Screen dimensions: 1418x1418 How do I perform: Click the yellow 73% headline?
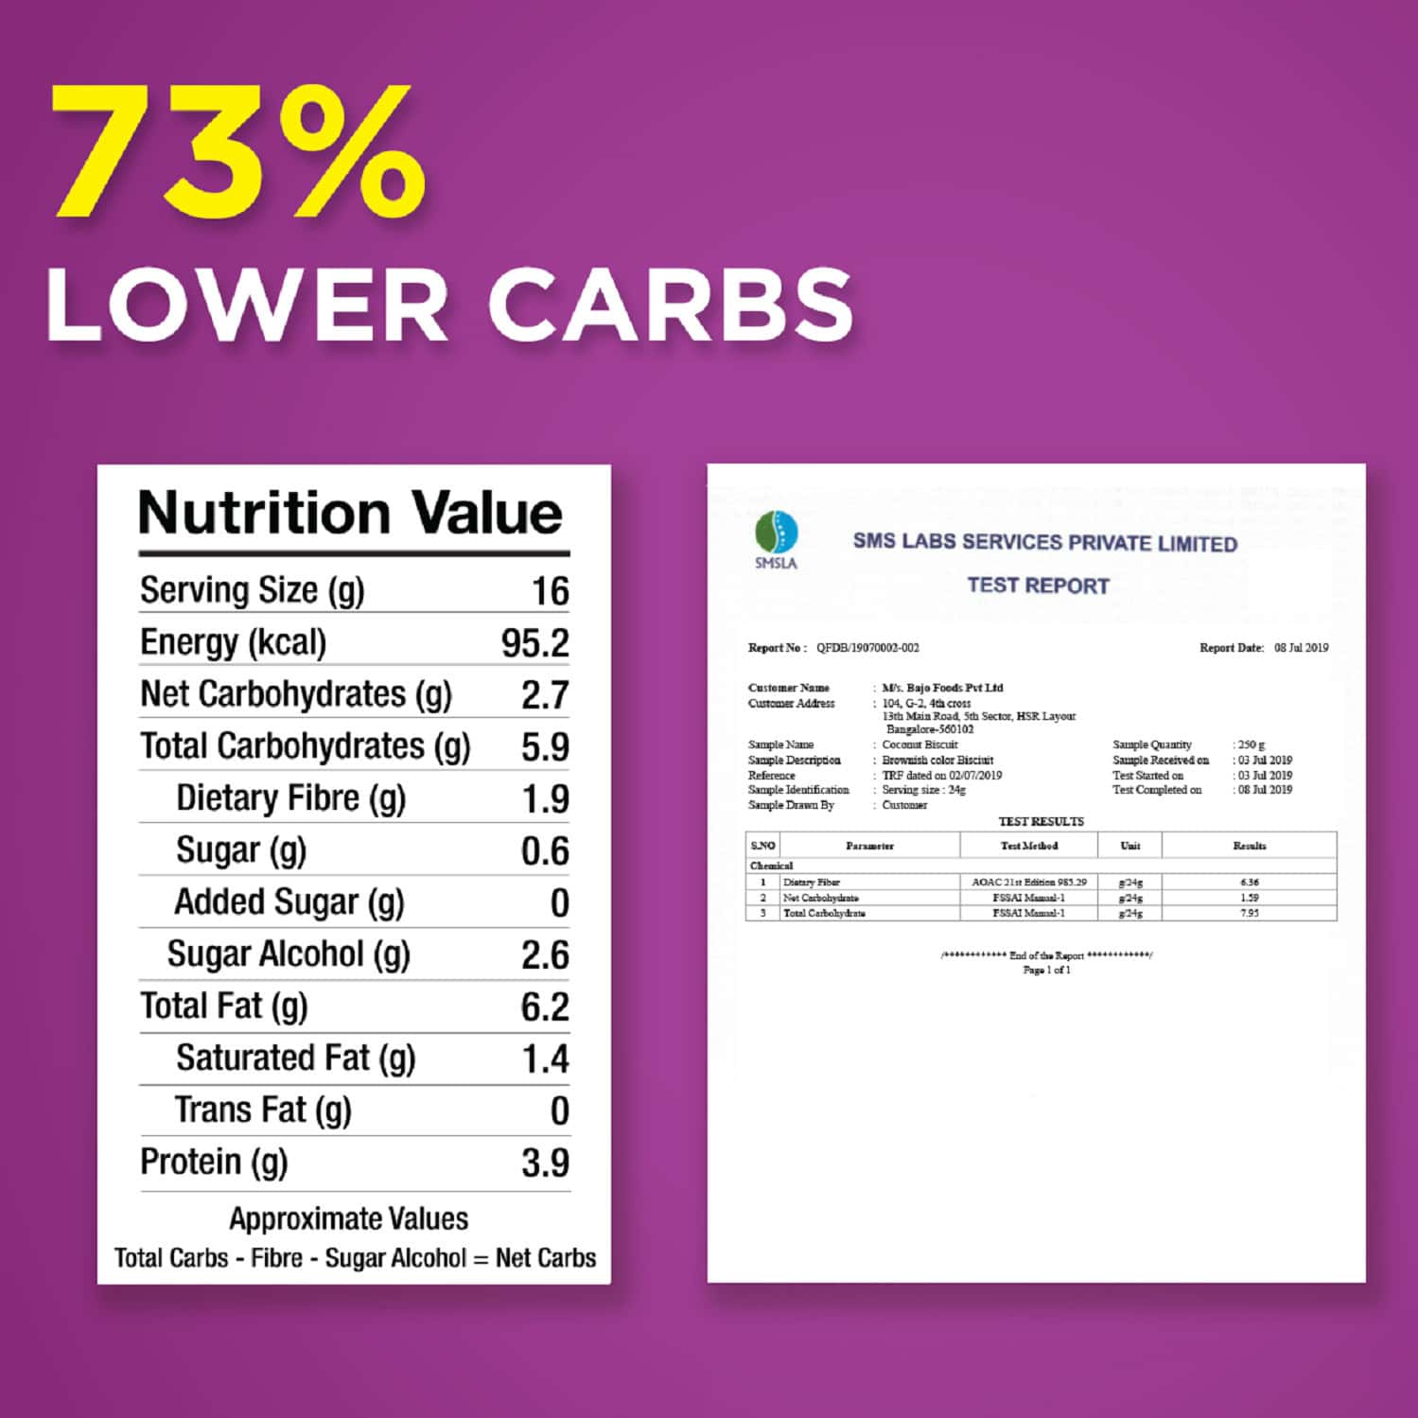pos(236,151)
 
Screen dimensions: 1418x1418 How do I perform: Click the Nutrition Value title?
pos(351,514)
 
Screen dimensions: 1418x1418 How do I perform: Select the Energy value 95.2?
pos(534,643)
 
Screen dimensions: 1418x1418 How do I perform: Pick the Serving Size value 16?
pos(550,591)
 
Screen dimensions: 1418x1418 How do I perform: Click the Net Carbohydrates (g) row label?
pos(296,694)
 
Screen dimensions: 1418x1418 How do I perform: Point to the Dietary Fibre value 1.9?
pos(545,799)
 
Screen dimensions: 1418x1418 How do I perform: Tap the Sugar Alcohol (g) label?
pos(289,954)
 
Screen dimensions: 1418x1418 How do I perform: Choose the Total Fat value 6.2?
pos(545,1007)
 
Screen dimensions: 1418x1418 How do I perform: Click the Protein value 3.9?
pos(545,1163)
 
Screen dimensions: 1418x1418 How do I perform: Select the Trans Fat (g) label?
pos(263,1110)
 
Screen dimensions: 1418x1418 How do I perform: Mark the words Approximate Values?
pos(348,1218)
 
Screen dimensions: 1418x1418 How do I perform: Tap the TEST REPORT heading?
pos(1038,586)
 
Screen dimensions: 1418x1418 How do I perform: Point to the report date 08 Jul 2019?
pos(1301,648)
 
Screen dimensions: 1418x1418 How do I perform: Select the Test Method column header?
pos(1029,846)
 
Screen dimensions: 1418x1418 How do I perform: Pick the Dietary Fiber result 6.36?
pos(1250,882)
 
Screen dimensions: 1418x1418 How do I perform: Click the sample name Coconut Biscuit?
pos(919,744)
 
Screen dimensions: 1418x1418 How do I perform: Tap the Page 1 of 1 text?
pos(1046,970)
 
